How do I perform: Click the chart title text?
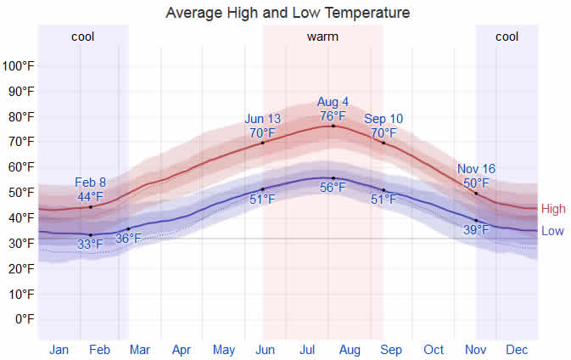[x=288, y=13]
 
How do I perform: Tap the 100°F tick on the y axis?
[x=19, y=65]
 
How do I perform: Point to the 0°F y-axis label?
[x=22, y=319]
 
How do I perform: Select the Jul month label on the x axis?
[x=308, y=349]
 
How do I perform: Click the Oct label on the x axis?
[x=434, y=349]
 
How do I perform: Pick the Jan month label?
[x=59, y=349]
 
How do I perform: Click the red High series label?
[x=552, y=209]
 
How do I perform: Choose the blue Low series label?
[x=551, y=231]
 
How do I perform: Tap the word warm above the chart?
[x=322, y=37]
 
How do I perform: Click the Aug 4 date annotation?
[x=333, y=103]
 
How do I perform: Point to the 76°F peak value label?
[x=333, y=116]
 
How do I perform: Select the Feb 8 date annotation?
[x=91, y=183]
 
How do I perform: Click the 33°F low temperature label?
[x=91, y=245]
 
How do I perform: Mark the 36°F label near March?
[x=128, y=239]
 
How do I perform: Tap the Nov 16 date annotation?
[x=476, y=169]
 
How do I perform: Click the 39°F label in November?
[x=476, y=229]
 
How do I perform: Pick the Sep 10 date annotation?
[x=383, y=119]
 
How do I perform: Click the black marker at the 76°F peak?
[x=333, y=126]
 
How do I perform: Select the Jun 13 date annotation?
[x=262, y=119]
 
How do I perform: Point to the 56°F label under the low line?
[x=333, y=188]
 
